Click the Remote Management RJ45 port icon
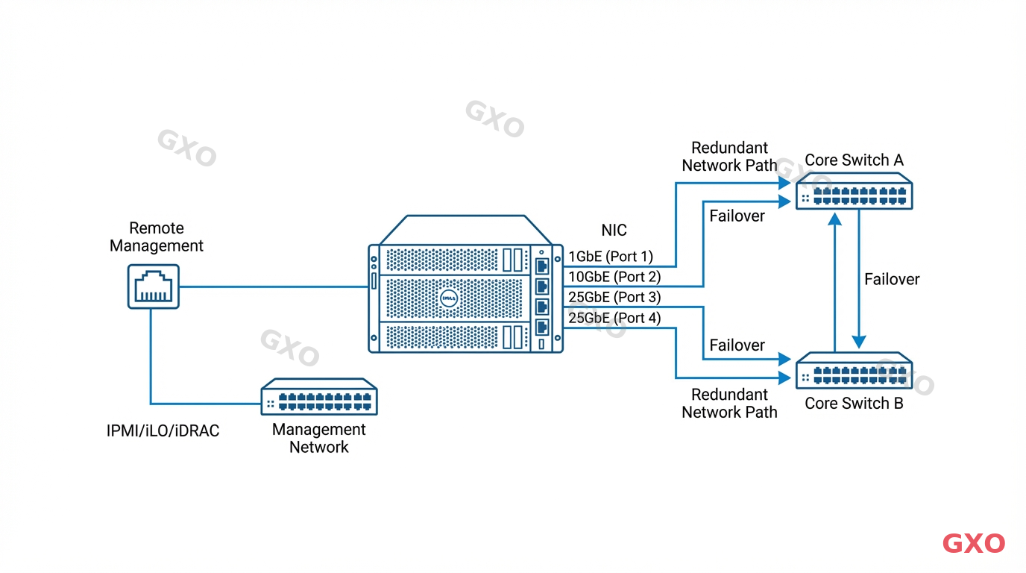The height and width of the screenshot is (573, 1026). (x=153, y=286)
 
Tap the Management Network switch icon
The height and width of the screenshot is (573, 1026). (x=319, y=397)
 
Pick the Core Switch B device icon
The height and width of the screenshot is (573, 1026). (x=854, y=370)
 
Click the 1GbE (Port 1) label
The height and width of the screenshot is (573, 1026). (x=611, y=257)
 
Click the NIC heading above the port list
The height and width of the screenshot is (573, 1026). (x=614, y=231)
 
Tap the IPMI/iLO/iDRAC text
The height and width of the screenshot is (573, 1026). (x=163, y=430)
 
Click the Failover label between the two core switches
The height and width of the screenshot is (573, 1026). (x=892, y=279)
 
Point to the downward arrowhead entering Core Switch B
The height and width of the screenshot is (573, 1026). (x=860, y=342)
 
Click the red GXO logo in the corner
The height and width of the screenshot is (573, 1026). (x=974, y=543)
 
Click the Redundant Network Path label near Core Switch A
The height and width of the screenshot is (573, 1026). (x=729, y=157)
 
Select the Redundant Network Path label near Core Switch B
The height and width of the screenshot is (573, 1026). (x=729, y=403)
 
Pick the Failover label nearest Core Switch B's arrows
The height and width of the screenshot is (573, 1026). (x=737, y=345)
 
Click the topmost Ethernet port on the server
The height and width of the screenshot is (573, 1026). (x=542, y=265)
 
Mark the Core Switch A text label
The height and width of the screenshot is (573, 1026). (x=854, y=160)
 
